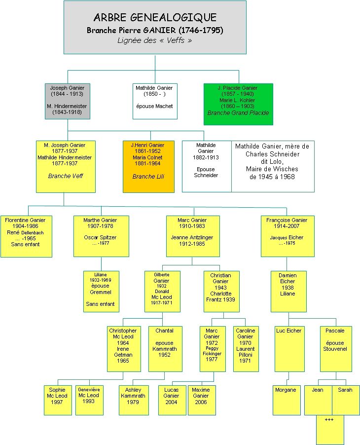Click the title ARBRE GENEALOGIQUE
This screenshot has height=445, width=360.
(x=155, y=18)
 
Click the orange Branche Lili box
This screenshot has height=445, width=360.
(x=148, y=166)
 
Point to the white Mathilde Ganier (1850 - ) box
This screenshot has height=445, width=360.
(x=154, y=101)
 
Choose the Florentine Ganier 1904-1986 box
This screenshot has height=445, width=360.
(x=26, y=236)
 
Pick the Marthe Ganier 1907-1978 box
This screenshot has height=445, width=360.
(x=101, y=236)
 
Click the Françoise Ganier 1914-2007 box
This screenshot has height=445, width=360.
(x=287, y=236)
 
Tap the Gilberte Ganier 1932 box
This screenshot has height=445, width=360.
(x=162, y=291)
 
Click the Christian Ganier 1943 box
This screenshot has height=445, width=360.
(x=220, y=291)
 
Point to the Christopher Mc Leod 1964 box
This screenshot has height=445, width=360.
(x=123, y=348)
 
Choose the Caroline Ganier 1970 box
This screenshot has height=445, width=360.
(x=246, y=348)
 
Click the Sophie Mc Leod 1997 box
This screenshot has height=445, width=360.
(x=57, y=400)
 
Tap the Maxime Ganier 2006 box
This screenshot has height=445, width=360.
(x=201, y=400)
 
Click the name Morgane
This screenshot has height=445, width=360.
(x=286, y=390)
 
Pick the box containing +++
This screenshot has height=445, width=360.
(x=329, y=429)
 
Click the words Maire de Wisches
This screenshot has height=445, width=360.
(x=272, y=169)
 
